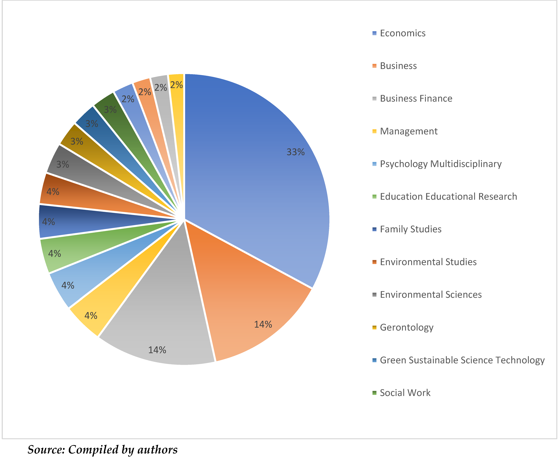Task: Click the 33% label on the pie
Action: coord(296,152)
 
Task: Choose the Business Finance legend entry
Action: coord(416,99)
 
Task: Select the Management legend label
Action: coord(408,131)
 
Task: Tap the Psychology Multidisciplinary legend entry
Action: coord(441,164)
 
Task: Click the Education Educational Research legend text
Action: coord(448,196)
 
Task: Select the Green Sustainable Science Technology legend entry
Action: coord(462,360)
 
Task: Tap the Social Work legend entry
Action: coord(405,393)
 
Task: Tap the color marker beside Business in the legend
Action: coord(374,66)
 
